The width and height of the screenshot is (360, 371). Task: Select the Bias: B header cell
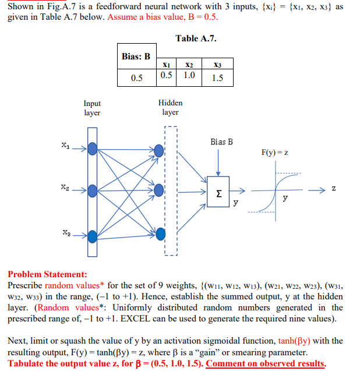[x=136, y=56]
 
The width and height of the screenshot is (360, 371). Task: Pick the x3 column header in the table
[x=217, y=64]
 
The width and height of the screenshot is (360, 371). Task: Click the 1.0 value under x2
[x=189, y=76]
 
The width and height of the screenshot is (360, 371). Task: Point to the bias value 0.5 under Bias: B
[x=136, y=78]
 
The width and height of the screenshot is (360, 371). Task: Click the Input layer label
[x=92, y=108]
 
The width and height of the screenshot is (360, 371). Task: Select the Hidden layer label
[x=170, y=107]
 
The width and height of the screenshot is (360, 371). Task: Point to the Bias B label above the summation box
[x=221, y=142]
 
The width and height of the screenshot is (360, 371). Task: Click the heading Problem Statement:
[x=47, y=274]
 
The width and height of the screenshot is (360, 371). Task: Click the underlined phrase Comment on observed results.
[x=266, y=363]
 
